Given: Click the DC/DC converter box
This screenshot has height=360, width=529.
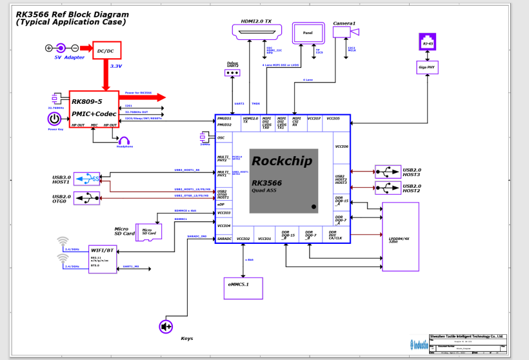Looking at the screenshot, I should point(106,50).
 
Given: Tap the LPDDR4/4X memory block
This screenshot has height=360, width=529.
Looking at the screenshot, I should point(400,236).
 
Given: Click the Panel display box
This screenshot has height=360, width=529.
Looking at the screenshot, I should point(308,34).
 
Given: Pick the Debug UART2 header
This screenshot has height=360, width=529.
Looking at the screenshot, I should point(232,73).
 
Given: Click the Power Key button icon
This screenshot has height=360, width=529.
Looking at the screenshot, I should point(55,119).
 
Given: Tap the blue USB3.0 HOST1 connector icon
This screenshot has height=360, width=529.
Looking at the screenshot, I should point(87,178).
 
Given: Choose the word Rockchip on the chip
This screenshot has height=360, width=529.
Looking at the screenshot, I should point(281,161).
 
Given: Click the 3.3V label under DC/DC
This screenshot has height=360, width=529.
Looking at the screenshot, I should point(116,66).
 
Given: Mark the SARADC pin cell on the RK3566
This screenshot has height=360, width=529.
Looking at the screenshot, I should point(223,238).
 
